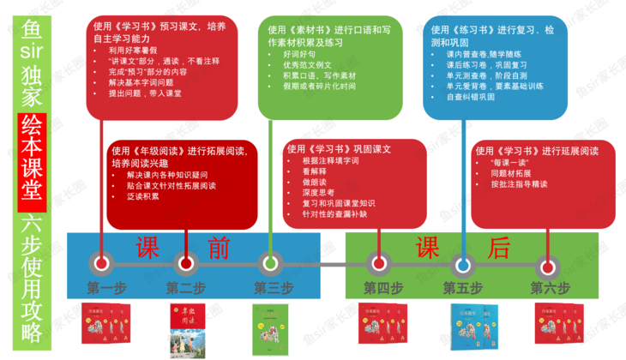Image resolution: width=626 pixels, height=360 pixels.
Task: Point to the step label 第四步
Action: coord(382,287)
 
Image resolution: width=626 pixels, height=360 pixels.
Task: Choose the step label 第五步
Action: coord(463,287)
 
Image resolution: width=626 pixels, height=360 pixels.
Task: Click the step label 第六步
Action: coord(550,287)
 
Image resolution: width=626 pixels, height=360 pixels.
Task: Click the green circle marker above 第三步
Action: coord(270,263)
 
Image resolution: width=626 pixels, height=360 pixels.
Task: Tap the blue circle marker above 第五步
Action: coord(463,263)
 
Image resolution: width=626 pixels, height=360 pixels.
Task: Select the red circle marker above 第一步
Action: coord(100,263)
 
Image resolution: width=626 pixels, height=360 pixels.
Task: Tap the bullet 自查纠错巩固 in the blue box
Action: coord(471,97)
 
